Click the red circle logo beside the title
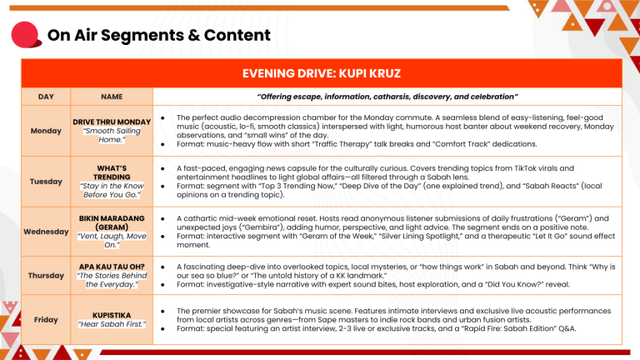coord(24,35)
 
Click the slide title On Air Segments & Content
coord(158,35)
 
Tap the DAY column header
coord(46,97)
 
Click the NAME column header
coord(111,97)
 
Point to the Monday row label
coord(45,131)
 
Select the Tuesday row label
coord(45,181)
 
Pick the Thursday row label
coord(45,275)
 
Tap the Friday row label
coord(45,319)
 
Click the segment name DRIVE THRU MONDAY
coord(112,122)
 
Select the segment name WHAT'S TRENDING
coord(112,172)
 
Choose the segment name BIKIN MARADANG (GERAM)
coord(112,222)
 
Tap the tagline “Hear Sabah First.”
coord(112,324)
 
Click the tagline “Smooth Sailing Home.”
coord(112,135)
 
